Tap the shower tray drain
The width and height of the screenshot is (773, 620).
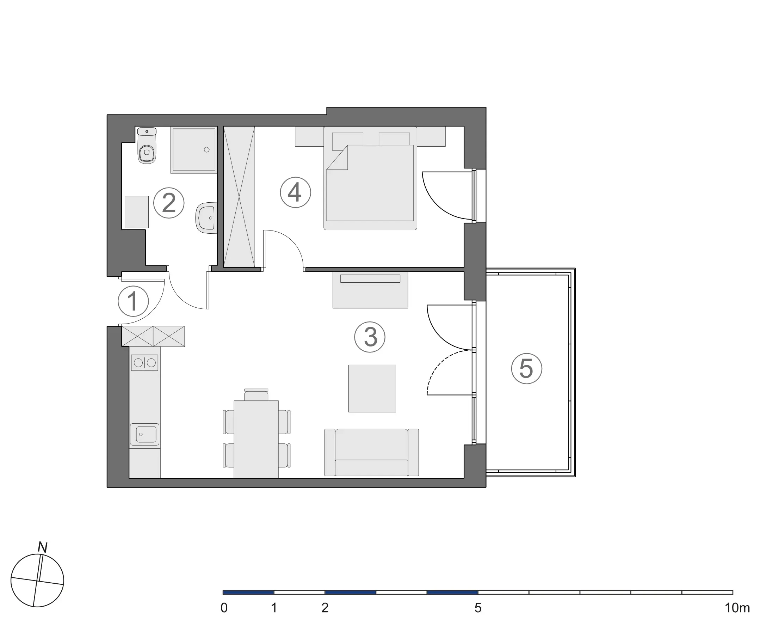(207, 149)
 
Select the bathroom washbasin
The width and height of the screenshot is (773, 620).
(206, 218)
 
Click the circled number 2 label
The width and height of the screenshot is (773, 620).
(169, 203)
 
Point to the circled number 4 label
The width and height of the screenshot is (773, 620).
(296, 192)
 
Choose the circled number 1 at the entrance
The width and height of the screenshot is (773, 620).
(134, 301)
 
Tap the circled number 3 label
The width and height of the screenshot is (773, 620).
(370, 337)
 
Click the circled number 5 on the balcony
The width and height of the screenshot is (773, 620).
(527, 369)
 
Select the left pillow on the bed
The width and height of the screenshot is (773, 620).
(347, 141)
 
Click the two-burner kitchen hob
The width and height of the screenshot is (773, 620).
(144, 363)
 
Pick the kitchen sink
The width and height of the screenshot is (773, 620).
(144, 434)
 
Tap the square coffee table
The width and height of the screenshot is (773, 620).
(372, 388)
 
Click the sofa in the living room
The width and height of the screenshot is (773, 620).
(371, 453)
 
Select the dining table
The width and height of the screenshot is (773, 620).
(256, 439)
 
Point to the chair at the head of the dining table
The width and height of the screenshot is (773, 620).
(256, 394)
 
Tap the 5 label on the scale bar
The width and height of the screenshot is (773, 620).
(478, 608)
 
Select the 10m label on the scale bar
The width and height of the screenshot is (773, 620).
(737, 608)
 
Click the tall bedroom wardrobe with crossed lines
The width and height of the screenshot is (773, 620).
(239, 197)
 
